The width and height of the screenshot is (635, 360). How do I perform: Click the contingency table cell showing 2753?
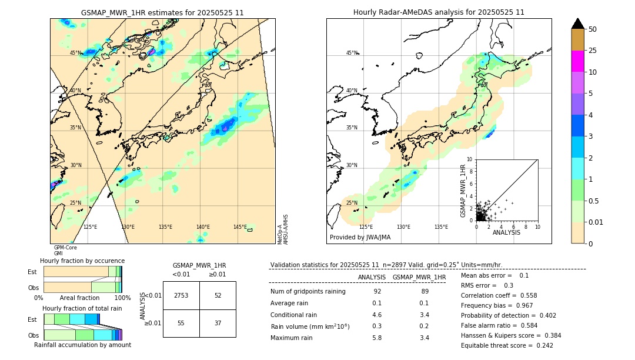[x=181, y=295]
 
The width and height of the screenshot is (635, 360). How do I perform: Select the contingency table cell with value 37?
[x=218, y=323]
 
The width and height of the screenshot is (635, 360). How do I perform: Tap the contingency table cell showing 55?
[x=181, y=323]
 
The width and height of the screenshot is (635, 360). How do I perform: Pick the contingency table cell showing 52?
[x=218, y=295]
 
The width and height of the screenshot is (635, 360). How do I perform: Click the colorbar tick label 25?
[x=593, y=51]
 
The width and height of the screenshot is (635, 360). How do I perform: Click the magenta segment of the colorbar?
[x=577, y=61]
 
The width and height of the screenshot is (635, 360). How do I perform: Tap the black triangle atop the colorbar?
[x=577, y=24]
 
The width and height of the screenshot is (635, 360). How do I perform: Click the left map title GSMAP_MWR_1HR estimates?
[x=162, y=12]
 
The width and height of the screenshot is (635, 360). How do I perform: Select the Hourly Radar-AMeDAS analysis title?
[x=439, y=12]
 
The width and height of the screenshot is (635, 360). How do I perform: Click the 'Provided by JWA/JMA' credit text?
[x=360, y=237]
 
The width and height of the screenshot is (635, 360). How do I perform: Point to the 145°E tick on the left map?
[x=240, y=227]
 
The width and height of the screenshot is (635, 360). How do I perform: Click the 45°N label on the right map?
[x=352, y=53]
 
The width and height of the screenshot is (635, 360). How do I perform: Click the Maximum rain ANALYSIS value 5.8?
[x=377, y=338]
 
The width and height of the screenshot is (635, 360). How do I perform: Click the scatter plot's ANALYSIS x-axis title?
[x=506, y=232]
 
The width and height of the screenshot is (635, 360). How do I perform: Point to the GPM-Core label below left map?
[x=65, y=248]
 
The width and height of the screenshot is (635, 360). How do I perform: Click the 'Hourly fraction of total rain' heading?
[x=82, y=308]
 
